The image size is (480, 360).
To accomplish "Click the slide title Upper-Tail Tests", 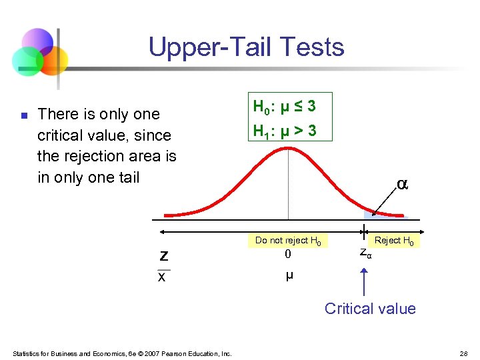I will pos(246,47).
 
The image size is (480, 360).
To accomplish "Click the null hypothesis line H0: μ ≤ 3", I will pos(284,107).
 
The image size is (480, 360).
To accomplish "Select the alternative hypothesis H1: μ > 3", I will pos(284,131).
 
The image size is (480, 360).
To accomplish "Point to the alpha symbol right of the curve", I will pos(402,183).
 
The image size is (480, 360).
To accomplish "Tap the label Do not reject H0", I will pos(287,241).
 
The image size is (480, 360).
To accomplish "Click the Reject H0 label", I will pos(393,241).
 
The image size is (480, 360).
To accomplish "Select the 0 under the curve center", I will pos(288,254).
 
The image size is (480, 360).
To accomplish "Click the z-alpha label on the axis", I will pos(365,253).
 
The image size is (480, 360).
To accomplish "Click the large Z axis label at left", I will pos(163,255).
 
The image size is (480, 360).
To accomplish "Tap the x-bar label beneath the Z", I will pos(162,277).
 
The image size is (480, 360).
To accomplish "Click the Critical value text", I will pos(370,309).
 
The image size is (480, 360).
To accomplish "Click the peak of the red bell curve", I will pos(288,143).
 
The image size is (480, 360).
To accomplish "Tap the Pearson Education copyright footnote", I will pos(121,353).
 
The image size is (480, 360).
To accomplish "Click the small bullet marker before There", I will pos(23,116).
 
